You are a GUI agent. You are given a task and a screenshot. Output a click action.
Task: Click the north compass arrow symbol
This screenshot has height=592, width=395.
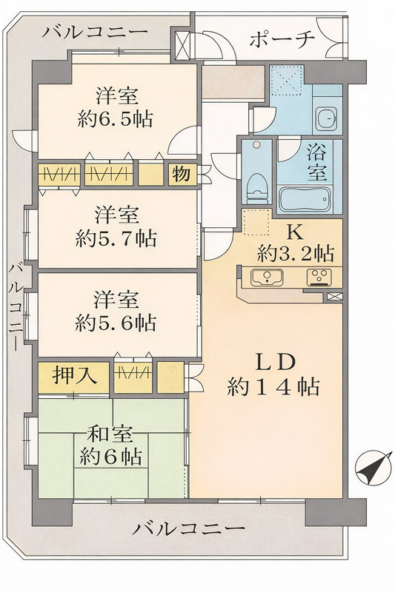coord(372,468)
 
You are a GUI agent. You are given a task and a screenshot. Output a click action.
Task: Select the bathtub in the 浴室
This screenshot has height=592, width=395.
coord(305,200)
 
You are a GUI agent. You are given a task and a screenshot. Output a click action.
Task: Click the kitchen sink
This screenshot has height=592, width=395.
coord(268,278)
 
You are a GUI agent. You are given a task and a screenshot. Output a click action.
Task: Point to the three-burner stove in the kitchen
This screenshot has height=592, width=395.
coord(319,277)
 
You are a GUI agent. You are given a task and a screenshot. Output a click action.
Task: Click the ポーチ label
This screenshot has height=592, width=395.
coord(282,39)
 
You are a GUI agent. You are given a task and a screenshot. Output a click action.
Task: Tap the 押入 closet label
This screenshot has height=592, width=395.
coord(75,376)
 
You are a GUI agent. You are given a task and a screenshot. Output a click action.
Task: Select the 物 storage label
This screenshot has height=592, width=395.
coord(181,175)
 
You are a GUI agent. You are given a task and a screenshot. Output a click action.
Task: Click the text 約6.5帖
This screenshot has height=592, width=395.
coord(116,119)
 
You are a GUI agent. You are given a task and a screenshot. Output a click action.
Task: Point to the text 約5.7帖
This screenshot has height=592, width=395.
coord(116,238)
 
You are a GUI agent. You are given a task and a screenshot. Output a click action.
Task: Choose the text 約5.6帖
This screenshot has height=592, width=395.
coord(116,323)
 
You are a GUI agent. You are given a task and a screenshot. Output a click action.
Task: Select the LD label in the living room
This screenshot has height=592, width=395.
coord(274,362)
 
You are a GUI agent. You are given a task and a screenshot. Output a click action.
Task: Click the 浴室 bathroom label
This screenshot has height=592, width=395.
coord(316,163)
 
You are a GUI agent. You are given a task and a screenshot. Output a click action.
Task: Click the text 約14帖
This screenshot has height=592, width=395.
coord(274,386)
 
